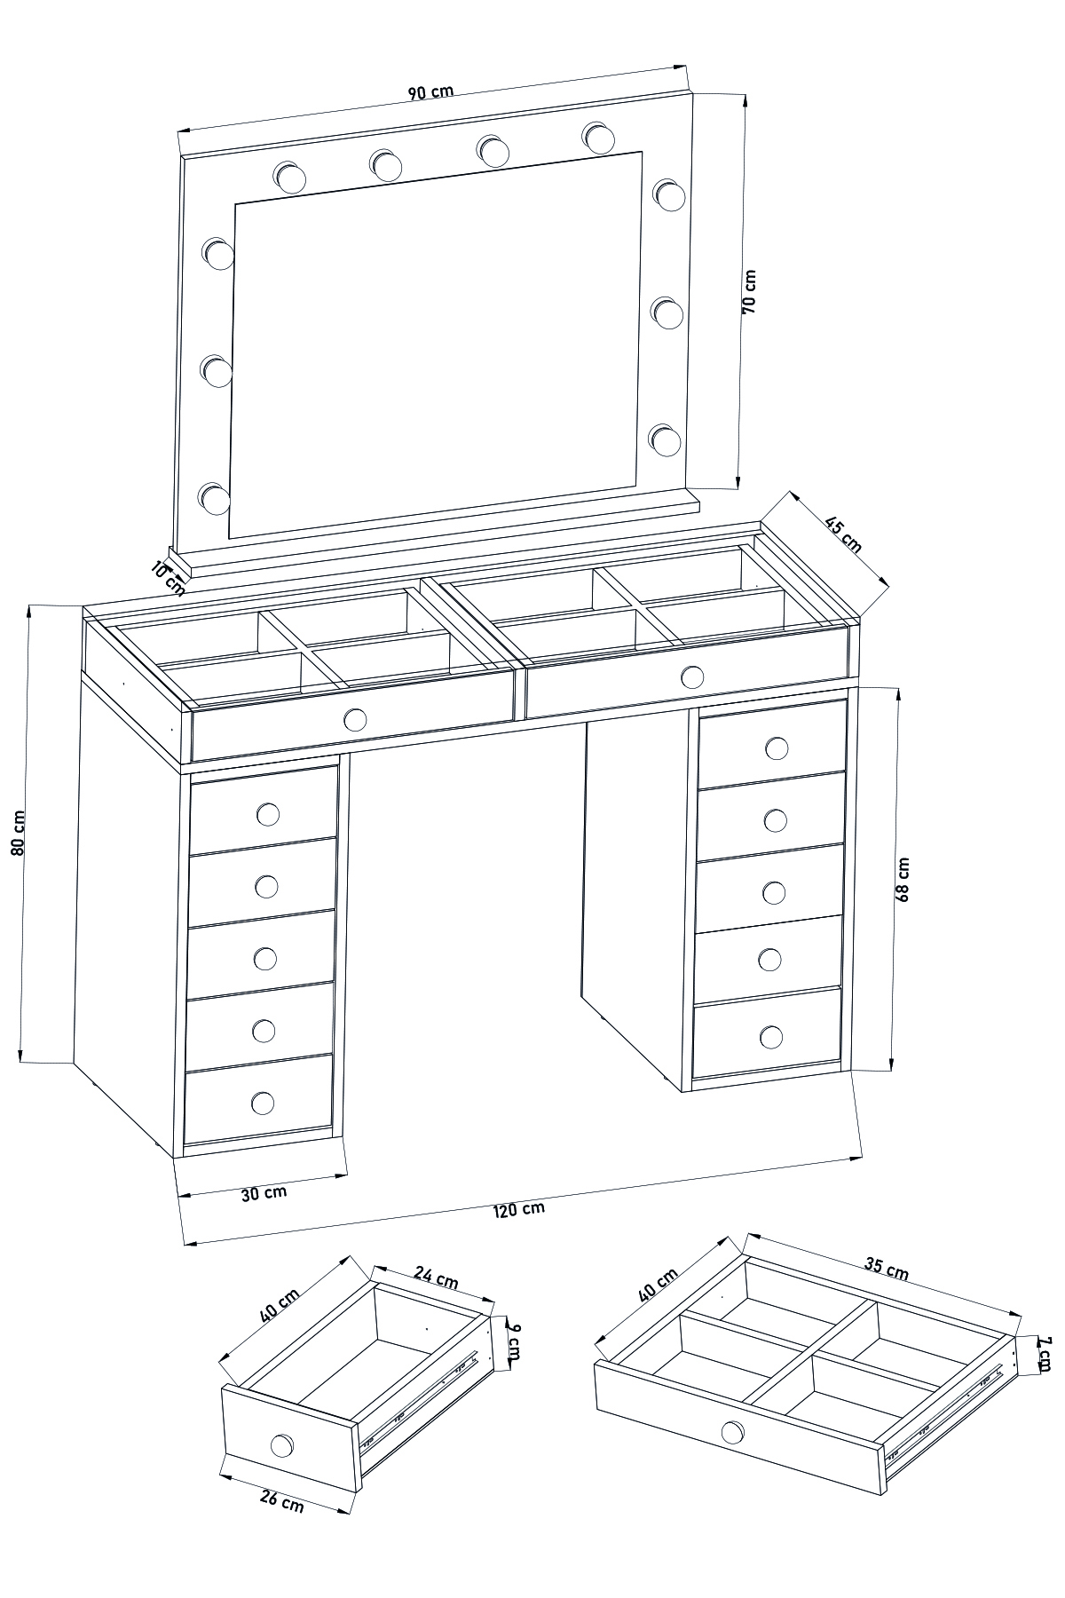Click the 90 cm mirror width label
coord(431,91)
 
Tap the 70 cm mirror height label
coord(748,290)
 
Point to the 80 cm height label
coord(18,833)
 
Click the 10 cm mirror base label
coord(169,577)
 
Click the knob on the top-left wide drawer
coord(354,719)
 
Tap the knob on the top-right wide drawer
coord(691,678)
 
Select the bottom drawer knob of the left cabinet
coord(263,1103)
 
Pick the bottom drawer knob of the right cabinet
coord(771,1036)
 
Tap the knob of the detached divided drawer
coord(732,1432)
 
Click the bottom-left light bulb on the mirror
coord(214,498)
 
